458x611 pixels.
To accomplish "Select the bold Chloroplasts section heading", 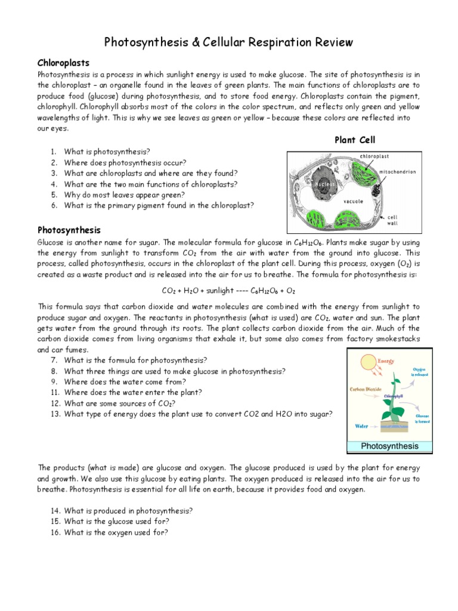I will tap(63, 63).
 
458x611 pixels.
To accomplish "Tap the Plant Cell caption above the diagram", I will tap(355, 140).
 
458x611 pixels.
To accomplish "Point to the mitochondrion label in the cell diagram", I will tap(398, 172).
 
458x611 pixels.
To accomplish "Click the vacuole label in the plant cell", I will tap(353, 202).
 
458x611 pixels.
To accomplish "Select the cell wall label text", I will tap(393, 220).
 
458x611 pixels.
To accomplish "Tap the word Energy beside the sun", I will tap(386, 360).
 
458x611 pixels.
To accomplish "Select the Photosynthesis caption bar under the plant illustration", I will tap(390, 446).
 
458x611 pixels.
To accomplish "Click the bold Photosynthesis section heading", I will tap(69, 230).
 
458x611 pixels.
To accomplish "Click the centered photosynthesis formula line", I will tap(228, 291).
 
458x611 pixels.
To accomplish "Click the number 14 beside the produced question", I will tap(55, 511).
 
